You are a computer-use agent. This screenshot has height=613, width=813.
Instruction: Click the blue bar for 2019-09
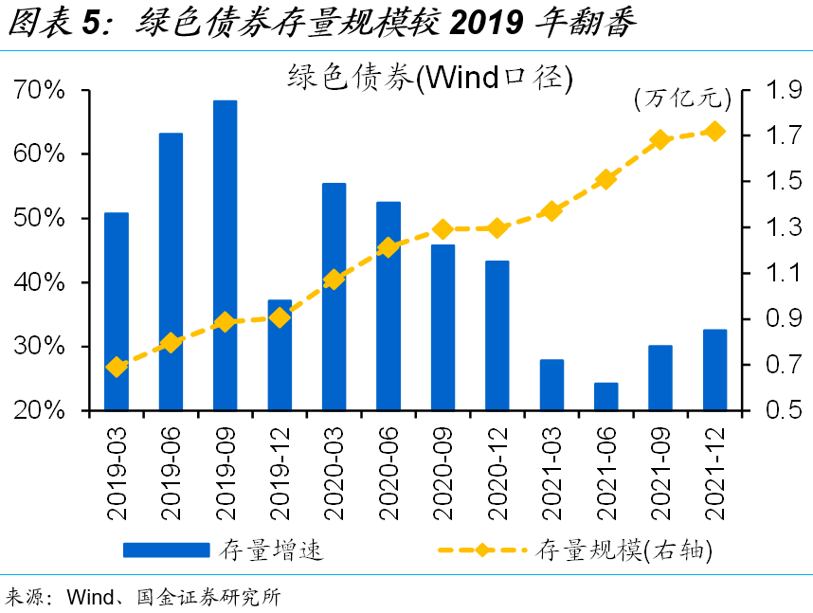click(x=225, y=256)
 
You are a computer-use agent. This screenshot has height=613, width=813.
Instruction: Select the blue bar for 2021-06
click(x=606, y=397)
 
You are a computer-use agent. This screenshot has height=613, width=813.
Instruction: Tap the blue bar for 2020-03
click(x=334, y=297)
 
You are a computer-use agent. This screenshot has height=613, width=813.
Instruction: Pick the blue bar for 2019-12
click(x=280, y=355)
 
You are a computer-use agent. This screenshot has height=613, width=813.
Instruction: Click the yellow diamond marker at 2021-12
click(x=715, y=132)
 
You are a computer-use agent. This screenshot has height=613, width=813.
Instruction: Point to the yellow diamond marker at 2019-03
click(x=117, y=367)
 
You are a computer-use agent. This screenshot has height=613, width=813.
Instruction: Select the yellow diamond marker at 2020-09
click(x=443, y=229)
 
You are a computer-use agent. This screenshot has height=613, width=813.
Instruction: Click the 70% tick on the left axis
click(x=40, y=90)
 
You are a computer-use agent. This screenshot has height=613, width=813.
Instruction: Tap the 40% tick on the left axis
click(x=40, y=282)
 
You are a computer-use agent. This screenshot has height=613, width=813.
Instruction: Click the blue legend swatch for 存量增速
click(x=166, y=550)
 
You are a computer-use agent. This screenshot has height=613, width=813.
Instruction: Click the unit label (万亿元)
click(x=680, y=97)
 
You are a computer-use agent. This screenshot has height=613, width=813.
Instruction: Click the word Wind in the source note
click(x=91, y=597)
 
